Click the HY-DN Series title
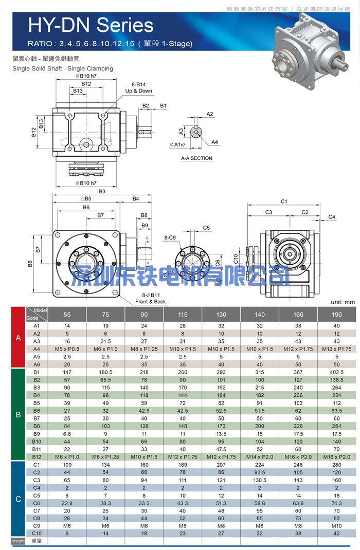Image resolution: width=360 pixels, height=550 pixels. (x=91, y=25)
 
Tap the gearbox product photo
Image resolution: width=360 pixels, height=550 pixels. (x=311, y=47)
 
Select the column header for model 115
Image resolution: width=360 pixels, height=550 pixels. (x=183, y=315)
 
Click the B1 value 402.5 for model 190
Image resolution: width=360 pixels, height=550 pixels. (x=336, y=372)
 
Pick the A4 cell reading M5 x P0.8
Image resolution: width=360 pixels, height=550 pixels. (x=67, y=349)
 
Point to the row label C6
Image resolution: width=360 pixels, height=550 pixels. (x=37, y=503)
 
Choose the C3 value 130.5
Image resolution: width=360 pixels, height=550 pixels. (x=260, y=480)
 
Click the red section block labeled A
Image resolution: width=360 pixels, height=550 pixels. (x=18, y=337)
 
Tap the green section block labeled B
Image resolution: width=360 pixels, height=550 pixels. (x=18, y=414)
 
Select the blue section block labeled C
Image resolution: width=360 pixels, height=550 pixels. (x=18, y=499)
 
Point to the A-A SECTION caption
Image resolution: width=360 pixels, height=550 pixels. (x=196, y=158)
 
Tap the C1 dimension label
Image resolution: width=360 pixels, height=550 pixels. (x=284, y=201)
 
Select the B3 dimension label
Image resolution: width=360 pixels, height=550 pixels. (x=102, y=191)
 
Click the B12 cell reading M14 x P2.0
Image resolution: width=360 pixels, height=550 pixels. (x=260, y=457)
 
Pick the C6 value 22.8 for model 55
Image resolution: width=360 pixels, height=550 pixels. (x=67, y=503)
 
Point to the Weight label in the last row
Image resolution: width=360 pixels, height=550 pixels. (x=18, y=541)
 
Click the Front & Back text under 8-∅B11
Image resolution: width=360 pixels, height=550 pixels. (x=151, y=302)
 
